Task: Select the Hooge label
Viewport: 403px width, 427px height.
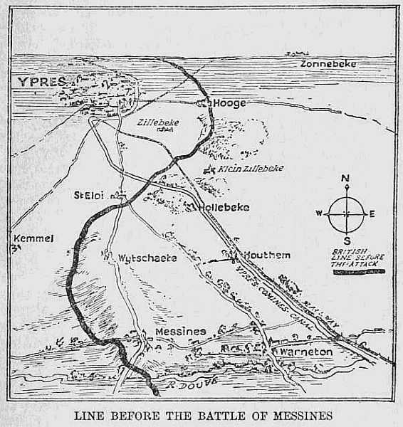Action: pyautogui.click(x=229, y=103)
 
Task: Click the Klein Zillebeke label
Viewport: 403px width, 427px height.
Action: pyautogui.click(x=251, y=168)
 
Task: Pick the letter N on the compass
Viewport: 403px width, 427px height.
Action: pyautogui.click(x=345, y=179)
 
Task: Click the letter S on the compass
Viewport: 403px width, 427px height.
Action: pyautogui.click(x=346, y=239)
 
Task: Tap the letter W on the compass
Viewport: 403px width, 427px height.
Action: pyautogui.click(x=319, y=213)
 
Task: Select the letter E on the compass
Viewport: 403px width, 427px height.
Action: pyautogui.click(x=372, y=213)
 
